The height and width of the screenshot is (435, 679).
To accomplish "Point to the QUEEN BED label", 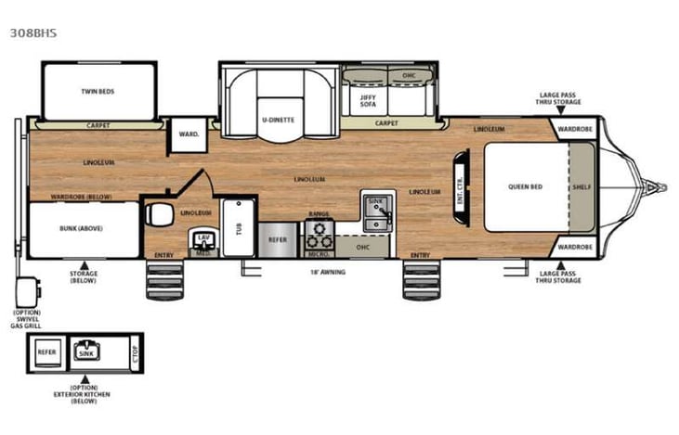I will [525, 186].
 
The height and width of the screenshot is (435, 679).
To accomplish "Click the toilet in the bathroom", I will [160, 215].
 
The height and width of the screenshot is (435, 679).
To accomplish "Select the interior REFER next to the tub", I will [278, 237].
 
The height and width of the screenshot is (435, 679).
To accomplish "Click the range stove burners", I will [319, 230].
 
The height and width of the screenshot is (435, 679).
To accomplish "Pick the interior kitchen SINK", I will [376, 211].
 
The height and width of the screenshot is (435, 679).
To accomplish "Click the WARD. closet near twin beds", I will [189, 134].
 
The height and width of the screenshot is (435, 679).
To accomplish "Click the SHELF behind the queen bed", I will [581, 186].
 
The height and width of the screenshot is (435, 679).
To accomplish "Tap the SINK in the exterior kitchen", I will [85, 352].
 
